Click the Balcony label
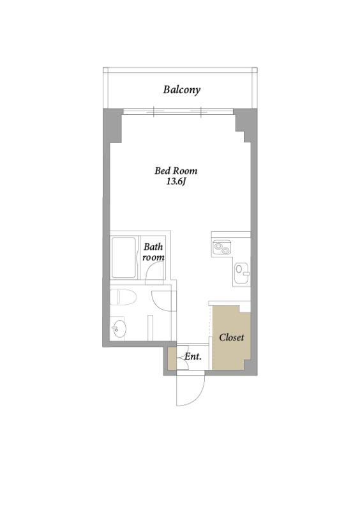181,89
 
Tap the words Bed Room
176,171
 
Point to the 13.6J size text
176,182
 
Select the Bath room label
153,252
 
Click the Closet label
231,337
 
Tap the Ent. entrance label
193,356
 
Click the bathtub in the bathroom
123,257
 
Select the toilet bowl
123,297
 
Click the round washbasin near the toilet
119,328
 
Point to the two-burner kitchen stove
222,247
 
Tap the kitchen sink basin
241,270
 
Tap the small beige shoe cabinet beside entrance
172,358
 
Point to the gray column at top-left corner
112,126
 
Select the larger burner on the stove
218,246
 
